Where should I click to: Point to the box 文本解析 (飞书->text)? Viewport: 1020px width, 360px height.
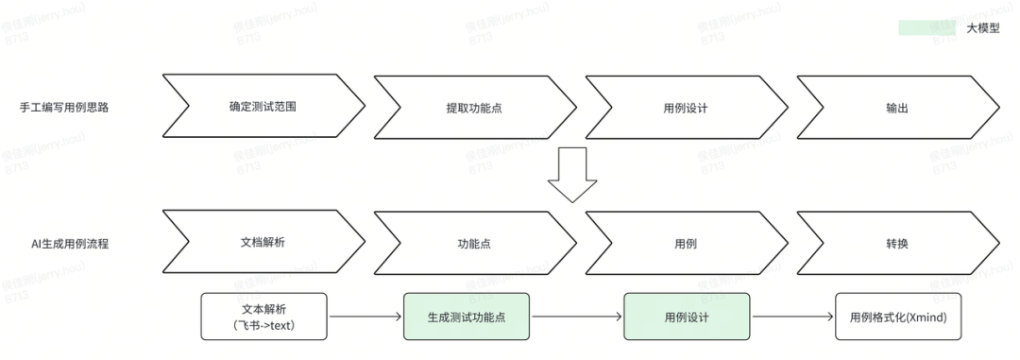click(264, 317)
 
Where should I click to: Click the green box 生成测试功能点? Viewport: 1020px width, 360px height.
click(467, 317)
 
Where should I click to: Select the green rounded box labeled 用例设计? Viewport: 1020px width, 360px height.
click(687, 317)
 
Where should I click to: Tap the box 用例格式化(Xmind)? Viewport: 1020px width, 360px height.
click(898, 317)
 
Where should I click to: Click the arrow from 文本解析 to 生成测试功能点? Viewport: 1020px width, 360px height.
click(365, 317)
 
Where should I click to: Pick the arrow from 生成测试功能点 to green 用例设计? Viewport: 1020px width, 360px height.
click(576, 317)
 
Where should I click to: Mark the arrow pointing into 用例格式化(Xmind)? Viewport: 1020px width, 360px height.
click(792, 317)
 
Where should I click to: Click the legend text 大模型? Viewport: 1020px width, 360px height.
click(983, 28)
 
